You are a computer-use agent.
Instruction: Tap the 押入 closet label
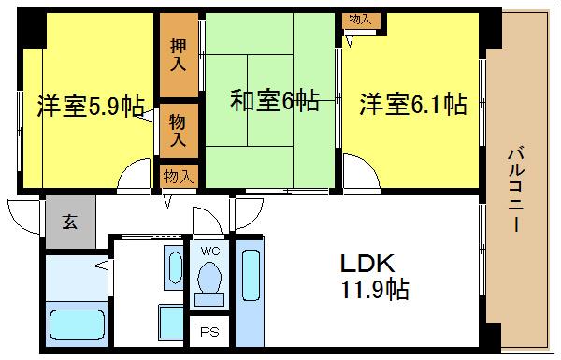point(179,56)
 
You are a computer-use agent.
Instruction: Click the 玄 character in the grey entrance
point(70,223)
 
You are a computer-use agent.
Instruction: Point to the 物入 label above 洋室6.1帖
point(359,19)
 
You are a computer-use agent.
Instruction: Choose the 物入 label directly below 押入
point(179,130)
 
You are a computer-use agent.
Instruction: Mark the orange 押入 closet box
point(179,55)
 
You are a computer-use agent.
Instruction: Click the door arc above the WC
point(205,221)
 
